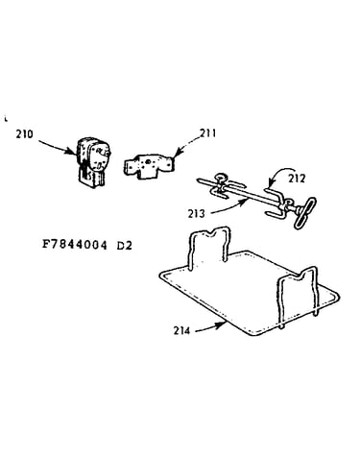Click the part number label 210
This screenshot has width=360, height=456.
[24, 133]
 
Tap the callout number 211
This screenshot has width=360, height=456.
[207, 132]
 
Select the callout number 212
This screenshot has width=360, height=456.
[297, 179]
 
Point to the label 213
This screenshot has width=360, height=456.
[196, 213]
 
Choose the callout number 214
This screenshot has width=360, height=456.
[181, 330]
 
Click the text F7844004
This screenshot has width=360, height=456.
[74, 245]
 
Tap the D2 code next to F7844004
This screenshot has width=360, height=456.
[125, 246]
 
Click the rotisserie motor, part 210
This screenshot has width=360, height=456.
[93, 162]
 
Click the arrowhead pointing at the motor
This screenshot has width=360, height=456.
[74, 151]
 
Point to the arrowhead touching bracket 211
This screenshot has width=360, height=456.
[177, 153]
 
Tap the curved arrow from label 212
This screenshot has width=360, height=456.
[280, 172]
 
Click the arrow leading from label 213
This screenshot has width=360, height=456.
[228, 206]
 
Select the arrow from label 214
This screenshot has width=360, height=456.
[210, 327]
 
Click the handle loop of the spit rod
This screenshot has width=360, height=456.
[304, 212]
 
